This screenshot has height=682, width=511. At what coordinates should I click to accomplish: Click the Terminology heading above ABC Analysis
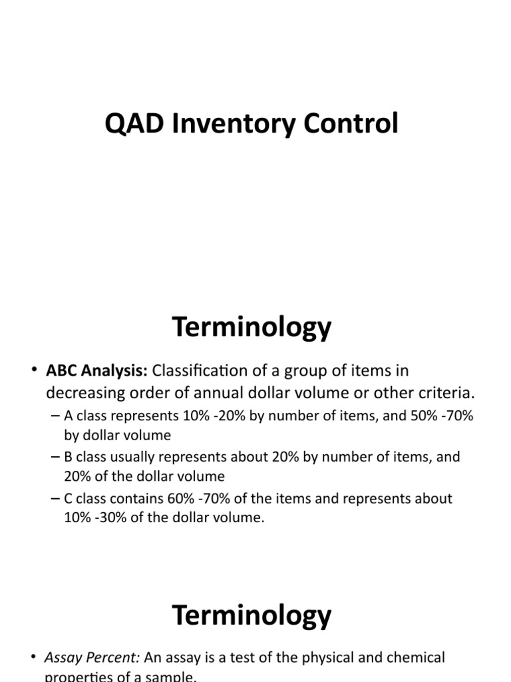pos(252,328)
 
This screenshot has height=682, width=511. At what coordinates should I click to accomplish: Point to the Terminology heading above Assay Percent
pos(252,615)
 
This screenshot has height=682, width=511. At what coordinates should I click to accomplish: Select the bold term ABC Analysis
pos(97,370)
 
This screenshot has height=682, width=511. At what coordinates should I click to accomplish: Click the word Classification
pos(202,370)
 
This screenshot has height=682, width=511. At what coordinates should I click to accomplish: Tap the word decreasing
pos(84,393)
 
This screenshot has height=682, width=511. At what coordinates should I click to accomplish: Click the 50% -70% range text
pos(438,416)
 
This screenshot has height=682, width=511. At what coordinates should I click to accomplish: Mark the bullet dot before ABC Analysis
pos(34,371)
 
